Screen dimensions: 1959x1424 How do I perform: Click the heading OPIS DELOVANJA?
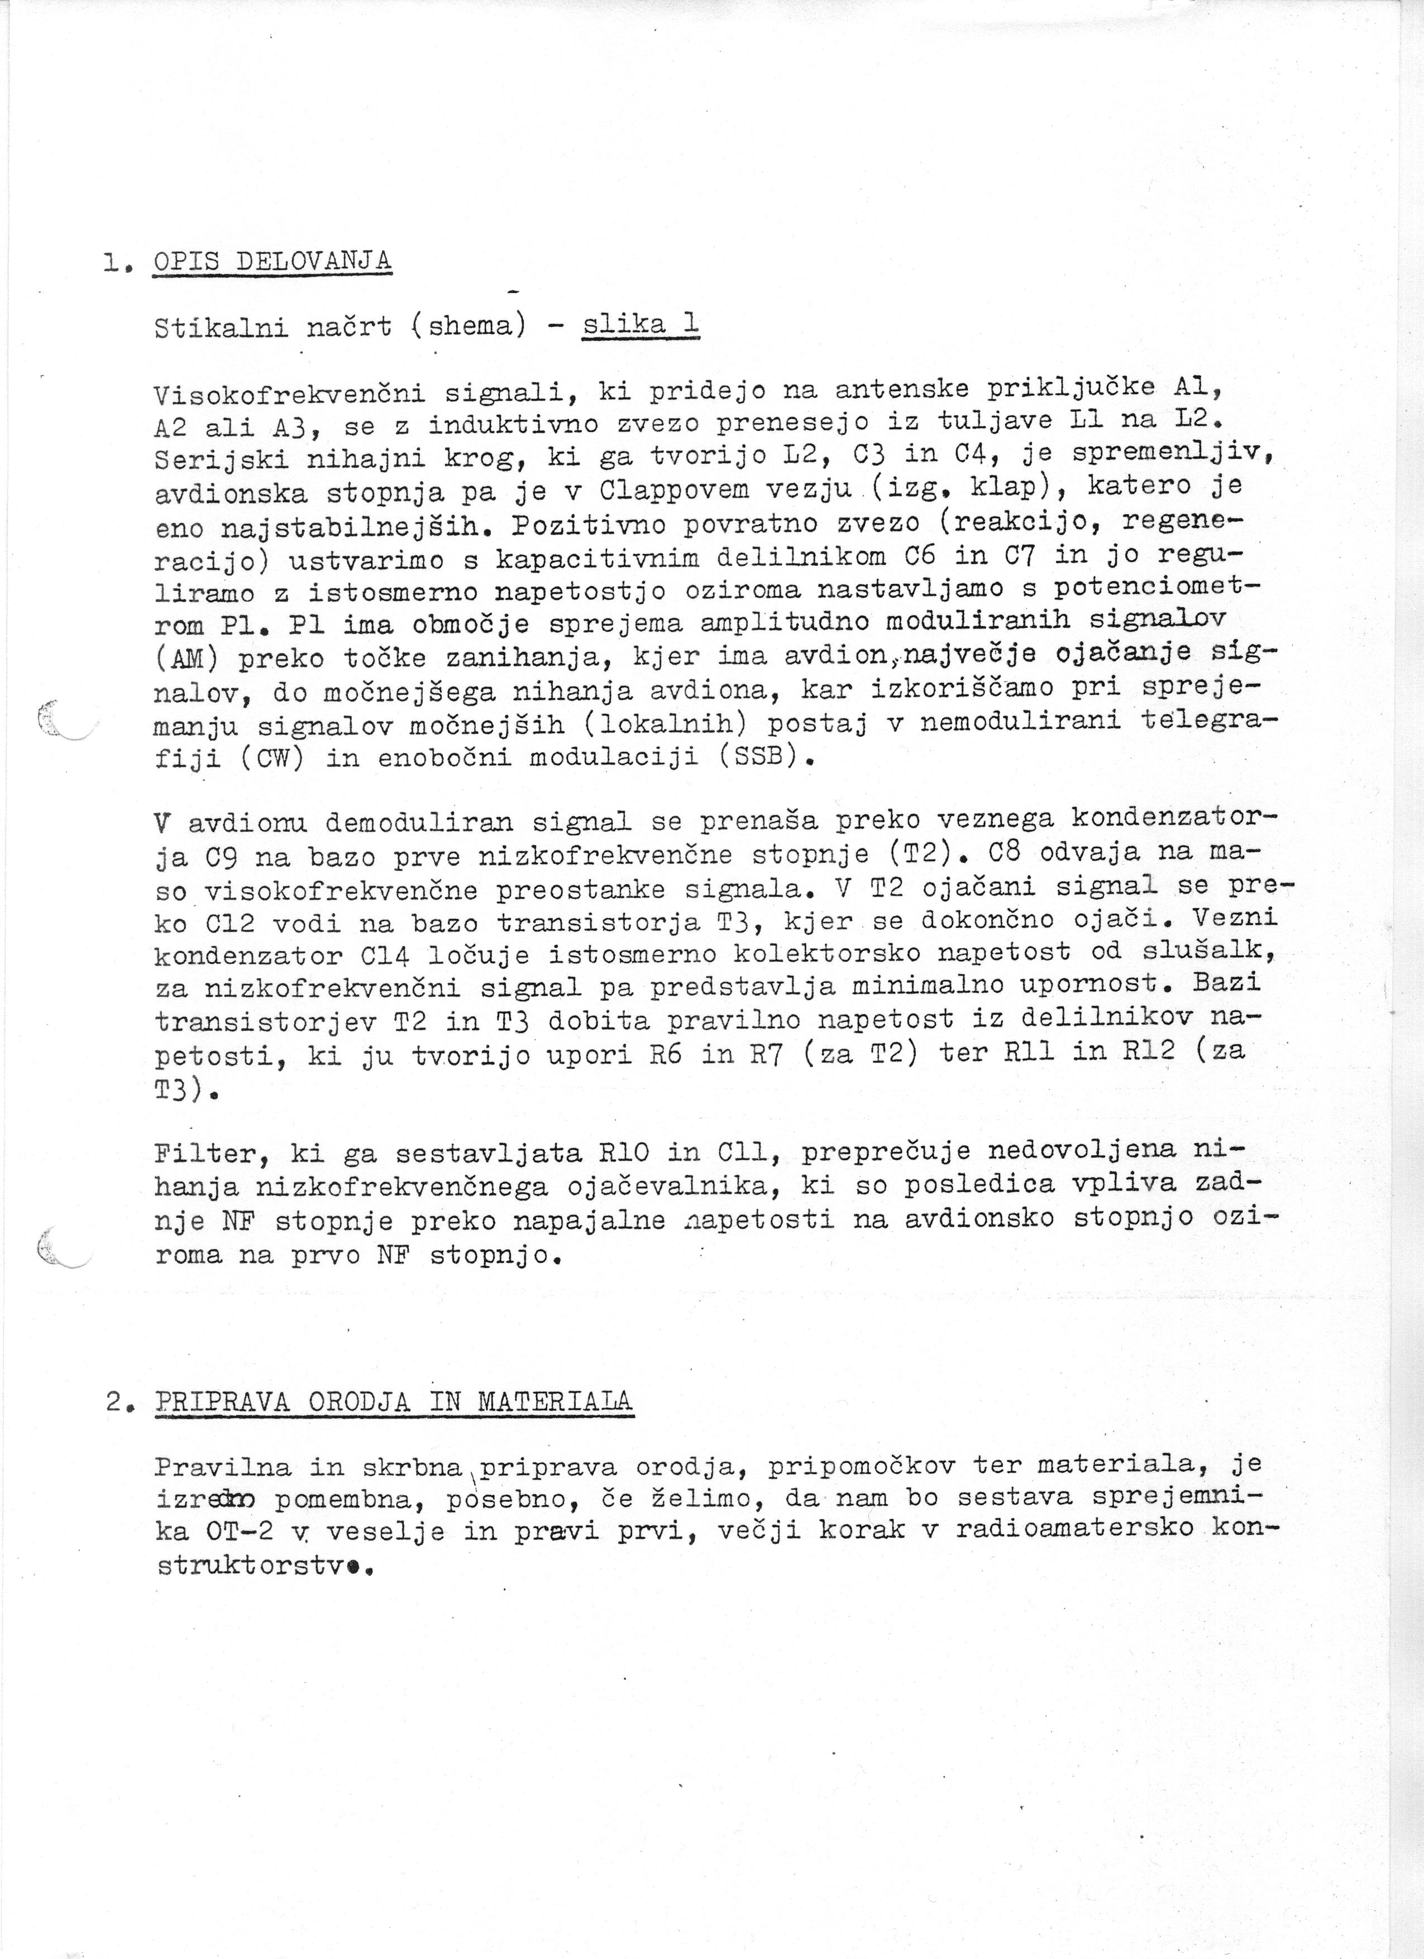pos(271,261)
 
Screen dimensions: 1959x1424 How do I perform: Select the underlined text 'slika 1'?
pos(641,325)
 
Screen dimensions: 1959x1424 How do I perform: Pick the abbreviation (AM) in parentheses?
pos(187,659)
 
